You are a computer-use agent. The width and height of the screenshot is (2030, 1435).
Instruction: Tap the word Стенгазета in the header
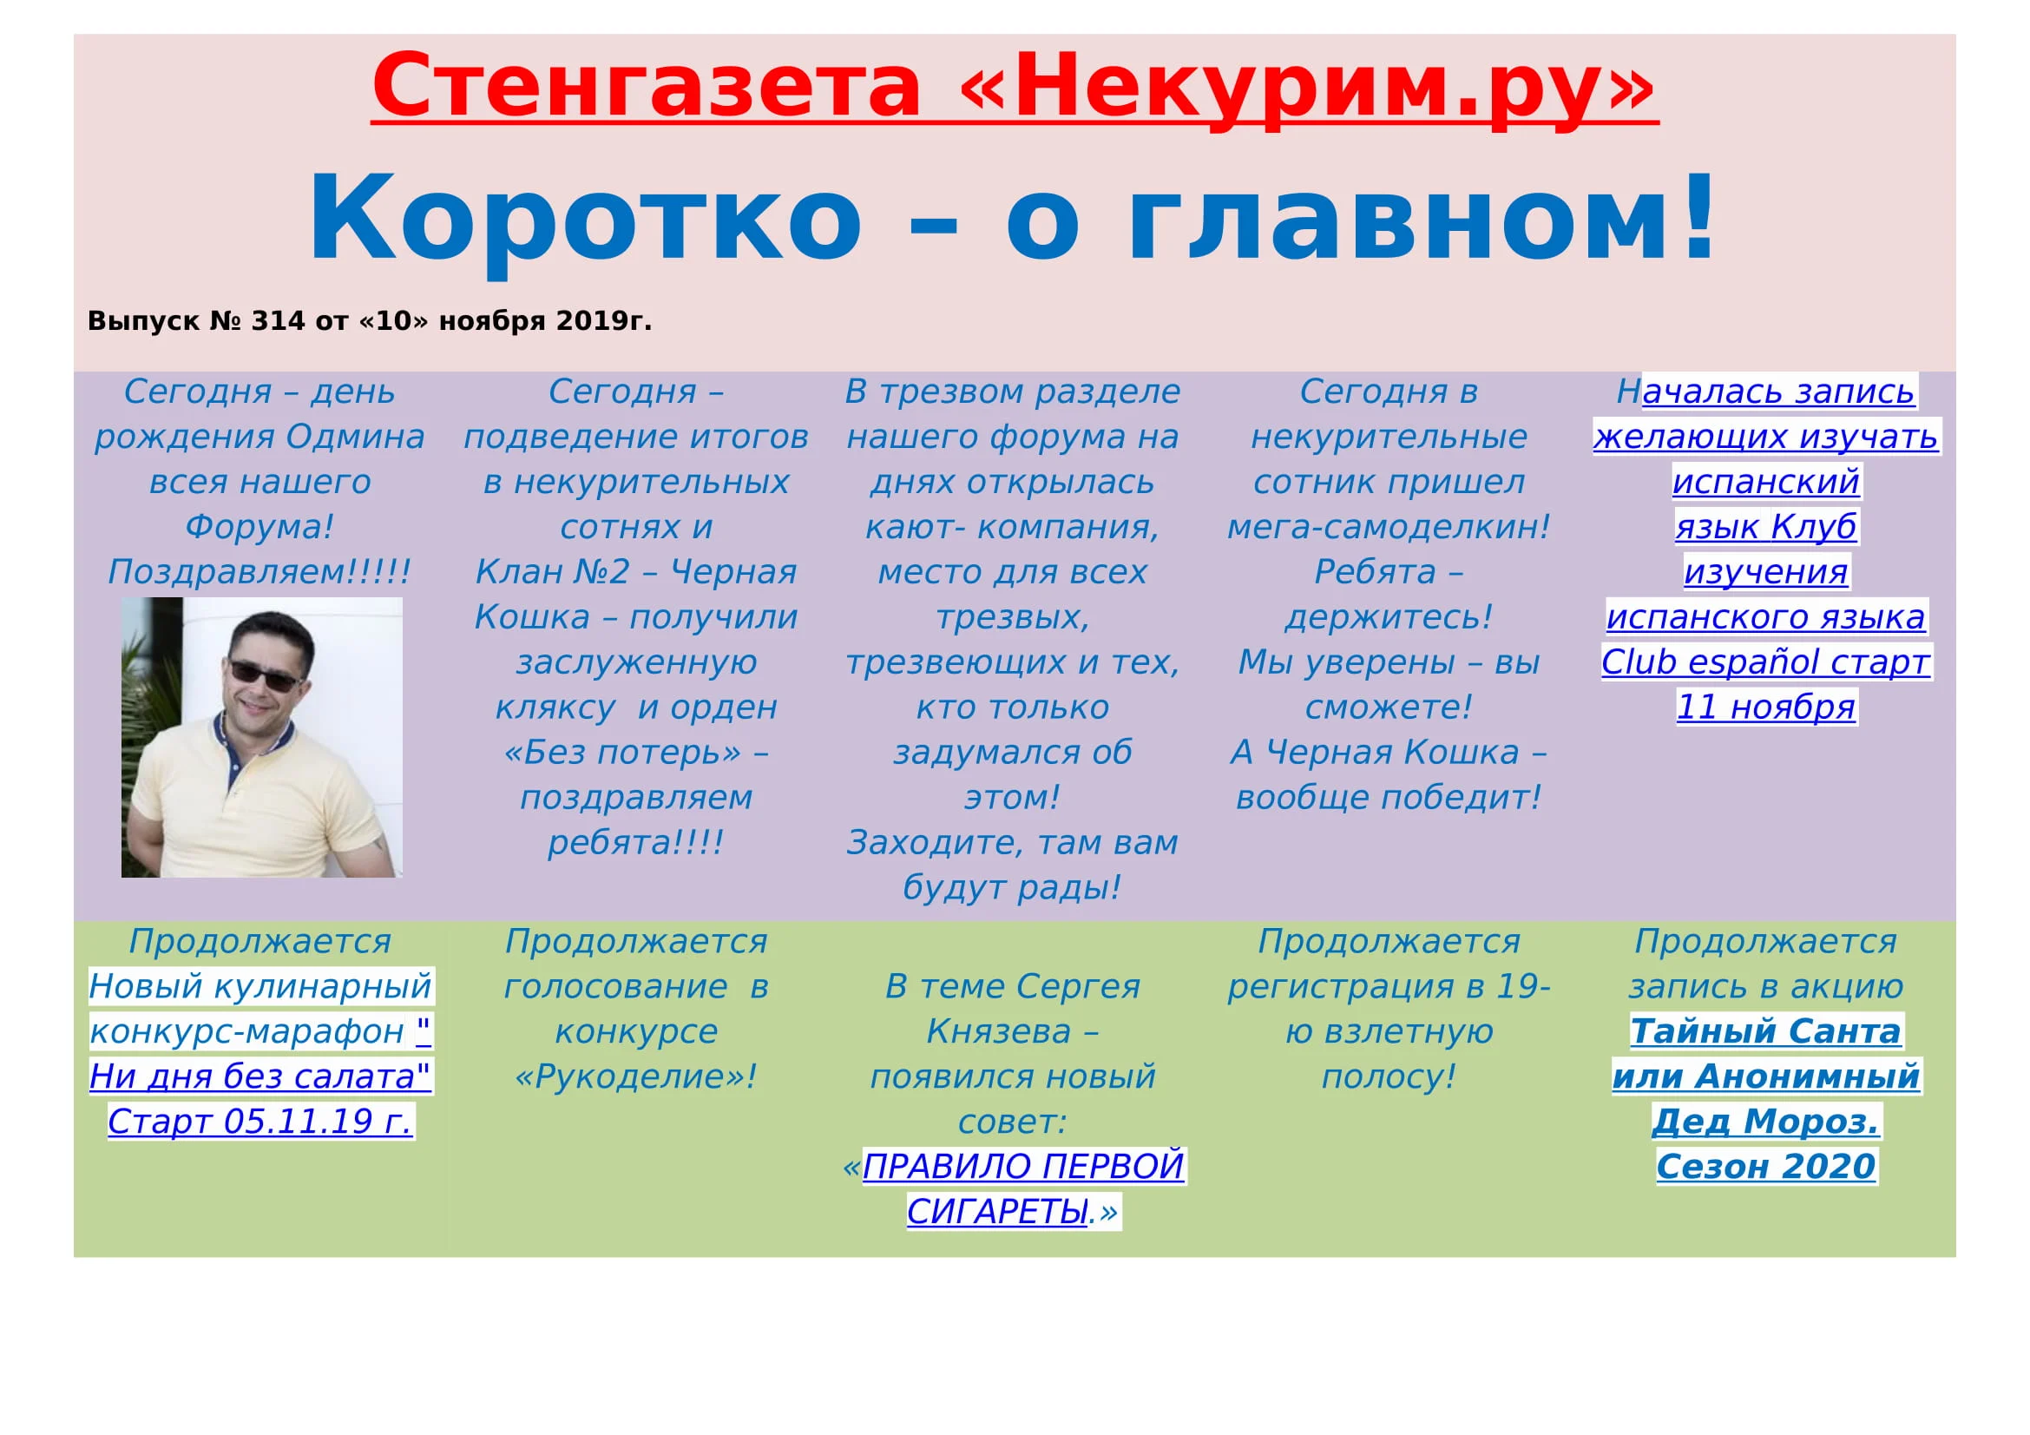647,86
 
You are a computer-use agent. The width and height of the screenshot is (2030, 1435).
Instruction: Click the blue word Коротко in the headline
584,219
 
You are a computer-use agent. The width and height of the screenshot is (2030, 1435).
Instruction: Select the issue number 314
278,321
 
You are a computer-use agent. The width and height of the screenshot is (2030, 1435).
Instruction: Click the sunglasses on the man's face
263,675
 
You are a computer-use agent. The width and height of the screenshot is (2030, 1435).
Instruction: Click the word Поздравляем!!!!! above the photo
259,572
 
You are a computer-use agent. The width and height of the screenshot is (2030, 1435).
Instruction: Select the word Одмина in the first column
356,437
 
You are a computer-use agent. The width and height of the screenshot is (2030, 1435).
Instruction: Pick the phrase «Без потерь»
622,753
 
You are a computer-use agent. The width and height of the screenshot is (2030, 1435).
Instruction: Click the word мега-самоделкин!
1388,527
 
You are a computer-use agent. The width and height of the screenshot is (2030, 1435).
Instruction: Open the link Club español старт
1764,662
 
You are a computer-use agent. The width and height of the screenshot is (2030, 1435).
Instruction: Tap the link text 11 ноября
1765,708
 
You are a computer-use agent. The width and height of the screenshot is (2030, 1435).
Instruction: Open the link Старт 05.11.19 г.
260,1122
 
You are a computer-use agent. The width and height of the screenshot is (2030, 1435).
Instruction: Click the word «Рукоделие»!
635,1077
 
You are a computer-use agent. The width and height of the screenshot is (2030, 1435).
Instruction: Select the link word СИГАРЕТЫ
996,1212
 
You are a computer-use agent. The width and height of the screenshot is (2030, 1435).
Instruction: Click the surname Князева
999,1032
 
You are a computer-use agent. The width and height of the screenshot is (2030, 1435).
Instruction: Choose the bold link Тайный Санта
1764,1032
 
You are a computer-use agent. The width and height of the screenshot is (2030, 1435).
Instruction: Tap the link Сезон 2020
1764,1167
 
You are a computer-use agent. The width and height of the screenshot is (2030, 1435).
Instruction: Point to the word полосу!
1388,1077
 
